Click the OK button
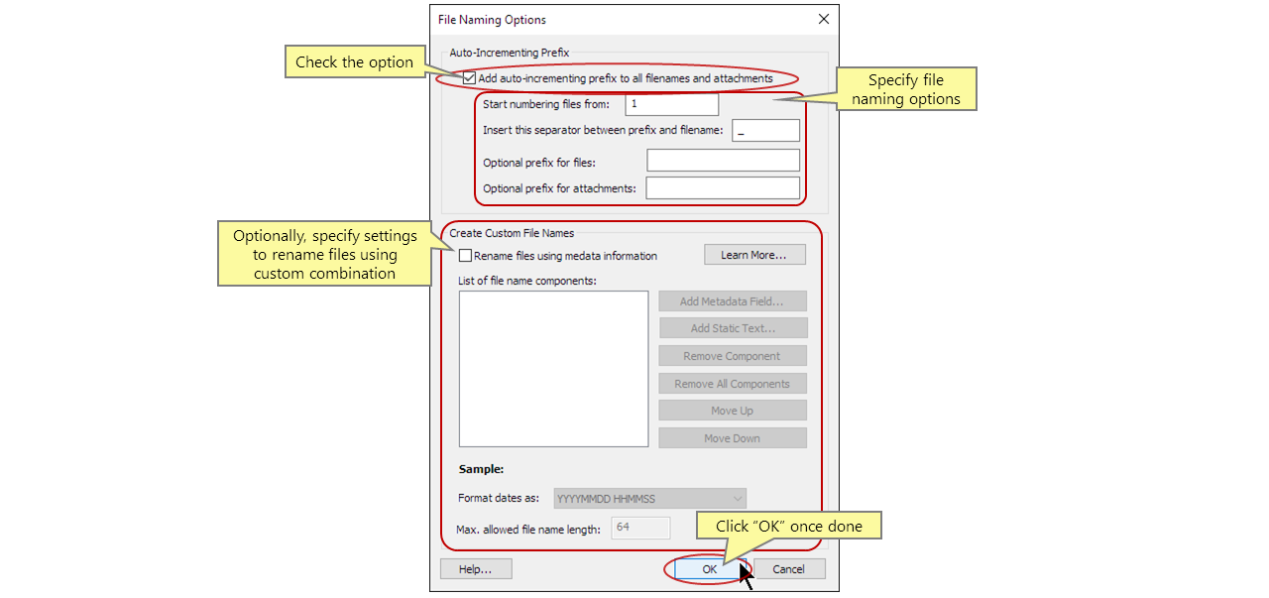click(710, 569)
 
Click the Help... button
click(476, 569)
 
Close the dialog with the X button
click(823, 20)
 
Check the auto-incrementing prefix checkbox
click(469, 78)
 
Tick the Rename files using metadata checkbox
click(466, 256)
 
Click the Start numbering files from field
click(671, 104)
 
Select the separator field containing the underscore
click(765, 131)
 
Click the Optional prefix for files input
click(723, 161)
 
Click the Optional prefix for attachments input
click(723, 188)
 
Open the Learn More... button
click(754, 255)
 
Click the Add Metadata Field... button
click(733, 301)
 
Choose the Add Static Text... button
click(733, 328)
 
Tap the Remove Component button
click(733, 356)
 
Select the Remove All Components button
click(733, 384)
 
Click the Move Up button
click(733, 411)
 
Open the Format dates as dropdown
click(650, 499)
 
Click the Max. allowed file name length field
click(640, 528)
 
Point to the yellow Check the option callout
click(354, 62)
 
